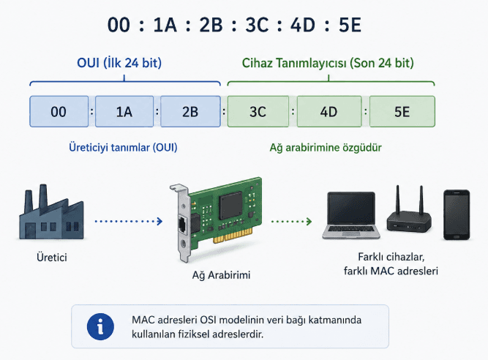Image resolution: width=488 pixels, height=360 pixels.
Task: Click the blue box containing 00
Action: (x=59, y=111)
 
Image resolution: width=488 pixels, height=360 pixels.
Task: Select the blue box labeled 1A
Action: (x=124, y=111)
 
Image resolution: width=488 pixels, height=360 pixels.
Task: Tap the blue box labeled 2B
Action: (x=190, y=111)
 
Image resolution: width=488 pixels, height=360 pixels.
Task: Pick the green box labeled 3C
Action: (x=258, y=111)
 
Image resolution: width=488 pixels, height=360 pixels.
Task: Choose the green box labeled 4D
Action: (x=329, y=111)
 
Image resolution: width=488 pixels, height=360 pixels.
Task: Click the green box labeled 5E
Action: (x=402, y=111)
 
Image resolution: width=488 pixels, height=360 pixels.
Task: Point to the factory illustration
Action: (x=52, y=212)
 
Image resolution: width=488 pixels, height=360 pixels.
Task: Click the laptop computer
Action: (x=351, y=215)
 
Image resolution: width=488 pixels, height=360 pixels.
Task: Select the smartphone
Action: (x=457, y=214)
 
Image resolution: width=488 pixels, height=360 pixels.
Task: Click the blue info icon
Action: (x=100, y=326)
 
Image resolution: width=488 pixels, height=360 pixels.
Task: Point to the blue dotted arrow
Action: (x=129, y=221)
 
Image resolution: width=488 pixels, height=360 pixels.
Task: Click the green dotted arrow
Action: (x=291, y=221)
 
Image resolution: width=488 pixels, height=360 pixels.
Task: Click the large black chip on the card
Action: (x=230, y=206)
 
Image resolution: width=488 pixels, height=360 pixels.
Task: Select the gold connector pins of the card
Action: (x=233, y=236)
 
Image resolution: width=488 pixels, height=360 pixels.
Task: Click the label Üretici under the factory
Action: (x=52, y=258)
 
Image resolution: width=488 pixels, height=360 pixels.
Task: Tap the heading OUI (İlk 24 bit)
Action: (x=119, y=63)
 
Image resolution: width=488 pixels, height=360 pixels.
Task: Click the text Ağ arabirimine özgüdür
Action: (x=326, y=147)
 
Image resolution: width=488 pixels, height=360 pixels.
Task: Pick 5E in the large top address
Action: (x=350, y=25)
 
